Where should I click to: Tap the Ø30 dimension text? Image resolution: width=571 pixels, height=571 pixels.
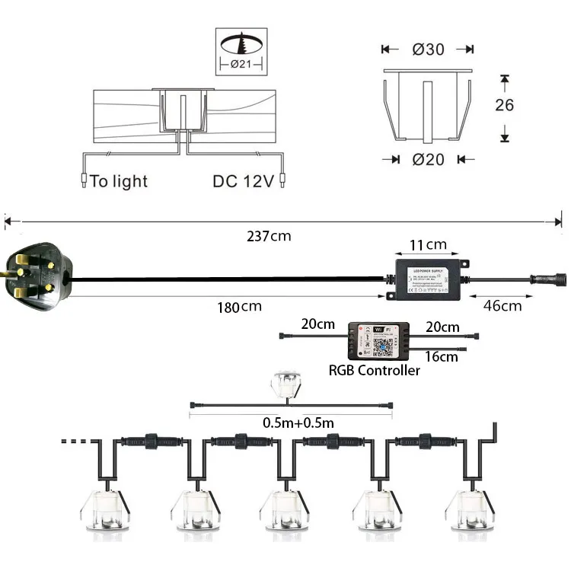(429, 49)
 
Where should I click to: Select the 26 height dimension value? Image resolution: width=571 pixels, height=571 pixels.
(505, 105)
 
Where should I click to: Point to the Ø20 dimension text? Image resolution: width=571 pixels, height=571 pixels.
(429, 159)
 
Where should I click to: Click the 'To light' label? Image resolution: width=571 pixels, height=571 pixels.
(119, 181)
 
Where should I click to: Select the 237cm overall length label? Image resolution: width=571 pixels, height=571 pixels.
(270, 236)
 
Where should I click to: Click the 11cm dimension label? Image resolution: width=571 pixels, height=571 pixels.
(426, 245)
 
